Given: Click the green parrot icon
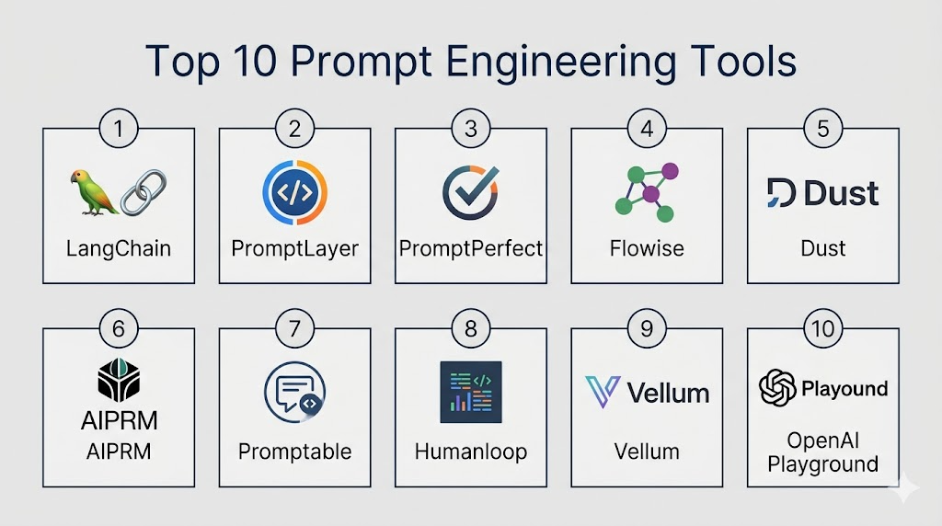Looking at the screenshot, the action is pyautogui.click(x=93, y=192).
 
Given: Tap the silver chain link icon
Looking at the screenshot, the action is pyautogui.click(x=144, y=192).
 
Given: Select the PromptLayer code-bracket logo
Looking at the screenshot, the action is pyautogui.click(x=294, y=192).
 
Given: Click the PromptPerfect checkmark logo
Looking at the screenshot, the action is pyautogui.click(x=471, y=192).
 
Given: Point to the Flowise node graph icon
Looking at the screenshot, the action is pyautogui.click(x=647, y=192).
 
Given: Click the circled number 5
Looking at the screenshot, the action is pyautogui.click(x=823, y=129).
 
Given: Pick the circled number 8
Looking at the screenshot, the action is pyautogui.click(x=471, y=328).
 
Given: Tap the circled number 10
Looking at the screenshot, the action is pyautogui.click(x=823, y=328).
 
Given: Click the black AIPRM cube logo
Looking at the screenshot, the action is pyautogui.click(x=119, y=380).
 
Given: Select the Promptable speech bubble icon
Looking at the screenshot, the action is pyautogui.click(x=294, y=392).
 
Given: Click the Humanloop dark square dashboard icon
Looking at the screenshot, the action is pyautogui.click(x=471, y=392).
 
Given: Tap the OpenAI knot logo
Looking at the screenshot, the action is pyautogui.click(x=777, y=388).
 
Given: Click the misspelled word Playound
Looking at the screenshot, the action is pyautogui.click(x=844, y=389).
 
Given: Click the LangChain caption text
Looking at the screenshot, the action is pyautogui.click(x=119, y=248).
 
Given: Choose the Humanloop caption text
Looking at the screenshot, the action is pyautogui.click(x=471, y=452).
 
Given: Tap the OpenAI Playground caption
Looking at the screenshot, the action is pyautogui.click(x=823, y=452).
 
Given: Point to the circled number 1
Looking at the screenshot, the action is pyautogui.click(x=119, y=129).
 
